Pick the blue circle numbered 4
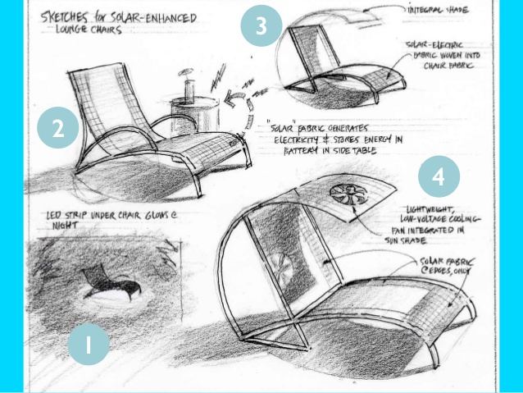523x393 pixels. pyautogui.click(x=439, y=177)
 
